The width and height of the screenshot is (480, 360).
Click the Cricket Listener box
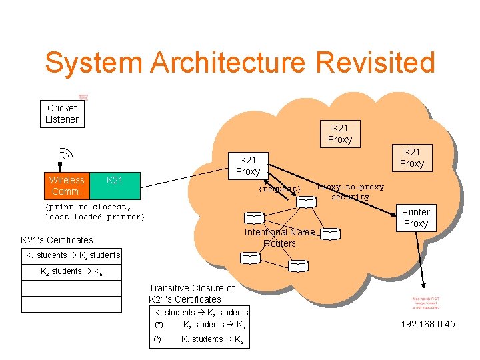click(62, 114)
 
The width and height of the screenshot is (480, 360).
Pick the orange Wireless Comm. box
click(67, 185)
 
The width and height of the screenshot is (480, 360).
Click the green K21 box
click(115, 185)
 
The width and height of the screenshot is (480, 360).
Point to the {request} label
click(279, 189)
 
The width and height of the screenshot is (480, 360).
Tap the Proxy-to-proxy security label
click(350, 192)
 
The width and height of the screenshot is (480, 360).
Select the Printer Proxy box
click(415, 217)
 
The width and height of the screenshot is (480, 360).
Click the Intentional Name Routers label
click(279, 238)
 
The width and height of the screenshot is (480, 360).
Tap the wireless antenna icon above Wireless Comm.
click(61, 157)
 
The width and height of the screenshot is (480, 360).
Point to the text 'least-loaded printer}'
click(94, 217)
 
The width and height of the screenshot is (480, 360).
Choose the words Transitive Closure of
click(191, 288)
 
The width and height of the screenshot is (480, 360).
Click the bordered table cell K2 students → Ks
click(71, 271)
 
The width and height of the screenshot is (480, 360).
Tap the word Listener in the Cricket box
click(62, 120)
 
